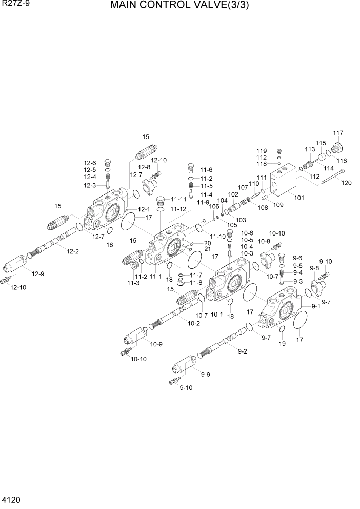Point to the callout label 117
[337, 133]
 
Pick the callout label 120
[347, 183]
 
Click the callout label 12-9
[38, 274]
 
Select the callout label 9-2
[243, 351]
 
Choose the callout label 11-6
[206, 170]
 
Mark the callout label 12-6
[90, 163]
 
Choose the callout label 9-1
[315, 307]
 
